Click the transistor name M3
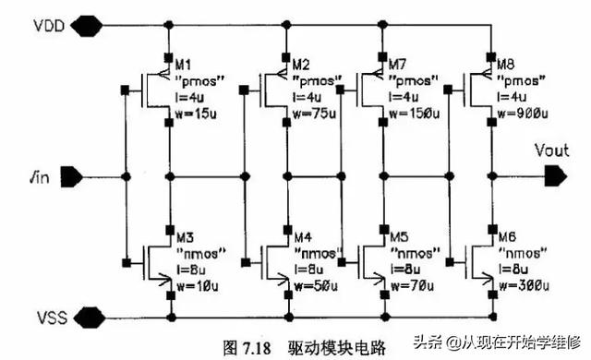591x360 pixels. coord(186,233)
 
